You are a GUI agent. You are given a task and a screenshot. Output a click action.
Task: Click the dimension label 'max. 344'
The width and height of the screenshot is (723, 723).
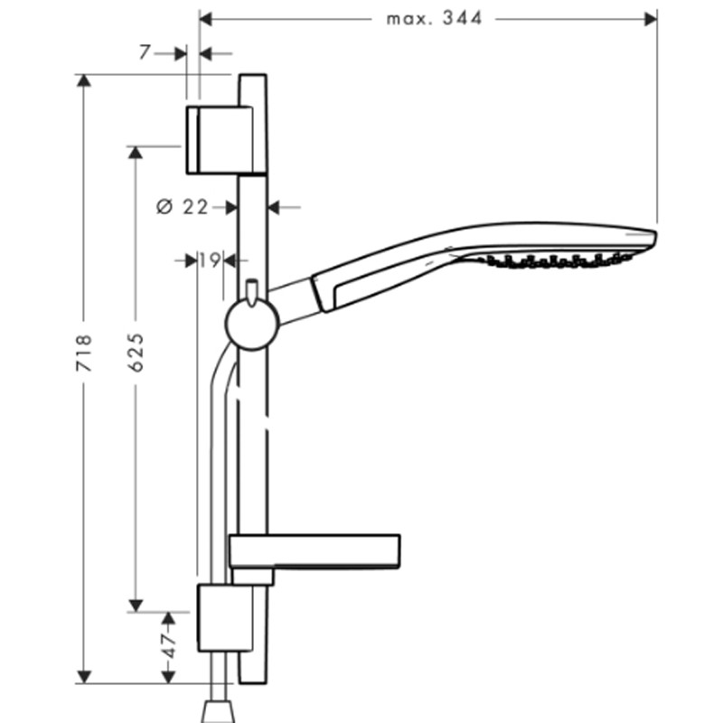click(x=434, y=19)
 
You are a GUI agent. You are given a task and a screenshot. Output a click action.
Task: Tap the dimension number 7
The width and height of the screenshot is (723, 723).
click(x=145, y=52)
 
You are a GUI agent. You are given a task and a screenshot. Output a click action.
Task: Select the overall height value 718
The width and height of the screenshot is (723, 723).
click(x=84, y=352)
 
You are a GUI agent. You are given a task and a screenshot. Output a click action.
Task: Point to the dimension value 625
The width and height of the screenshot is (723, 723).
click(x=136, y=352)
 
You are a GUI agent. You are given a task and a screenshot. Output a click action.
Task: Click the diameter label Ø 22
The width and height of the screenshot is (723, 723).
click(x=183, y=207)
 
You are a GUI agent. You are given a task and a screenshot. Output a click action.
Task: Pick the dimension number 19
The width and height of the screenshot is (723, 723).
click(x=211, y=260)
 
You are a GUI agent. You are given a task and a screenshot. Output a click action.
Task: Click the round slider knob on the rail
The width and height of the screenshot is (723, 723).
click(x=252, y=324)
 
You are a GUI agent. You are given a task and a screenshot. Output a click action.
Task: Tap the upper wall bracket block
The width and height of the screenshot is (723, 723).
click(x=220, y=140)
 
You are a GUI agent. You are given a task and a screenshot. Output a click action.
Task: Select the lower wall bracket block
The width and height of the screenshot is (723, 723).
click(x=225, y=618)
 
